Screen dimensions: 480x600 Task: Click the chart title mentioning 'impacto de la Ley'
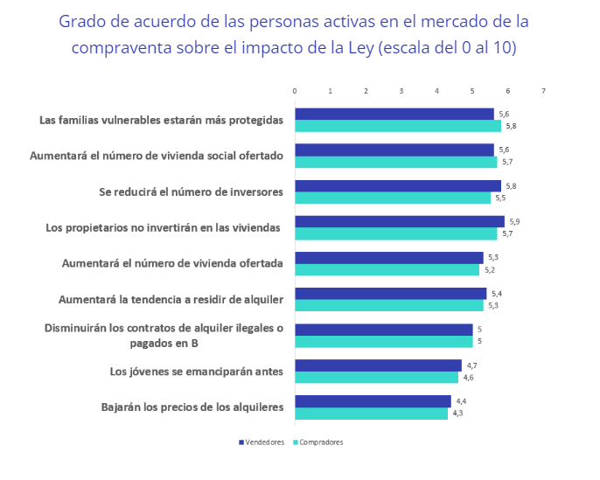(293, 33)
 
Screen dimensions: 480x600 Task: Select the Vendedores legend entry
(262, 442)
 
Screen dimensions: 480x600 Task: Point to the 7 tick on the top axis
(543, 91)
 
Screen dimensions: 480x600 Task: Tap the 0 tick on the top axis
(295, 91)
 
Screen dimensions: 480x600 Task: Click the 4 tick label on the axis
(436, 91)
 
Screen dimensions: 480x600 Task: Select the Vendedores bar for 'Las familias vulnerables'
(394, 114)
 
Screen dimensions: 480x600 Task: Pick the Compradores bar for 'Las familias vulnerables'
(397, 126)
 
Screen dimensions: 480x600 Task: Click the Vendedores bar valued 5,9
(399, 221)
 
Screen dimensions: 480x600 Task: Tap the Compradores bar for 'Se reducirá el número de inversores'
(392, 198)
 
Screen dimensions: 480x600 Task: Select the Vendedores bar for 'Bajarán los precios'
(373, 401)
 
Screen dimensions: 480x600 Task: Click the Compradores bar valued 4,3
(371, 414)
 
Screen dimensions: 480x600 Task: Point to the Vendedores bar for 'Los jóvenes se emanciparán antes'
(378, 365)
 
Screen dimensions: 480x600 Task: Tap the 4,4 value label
(460, 400)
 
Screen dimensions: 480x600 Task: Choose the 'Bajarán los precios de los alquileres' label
(192, 407)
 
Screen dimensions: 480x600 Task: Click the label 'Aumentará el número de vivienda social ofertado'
(157, 156)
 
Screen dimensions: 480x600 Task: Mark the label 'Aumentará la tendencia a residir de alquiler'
(171, 300)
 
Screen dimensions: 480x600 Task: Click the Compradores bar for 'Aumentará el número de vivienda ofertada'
(387, 269)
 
